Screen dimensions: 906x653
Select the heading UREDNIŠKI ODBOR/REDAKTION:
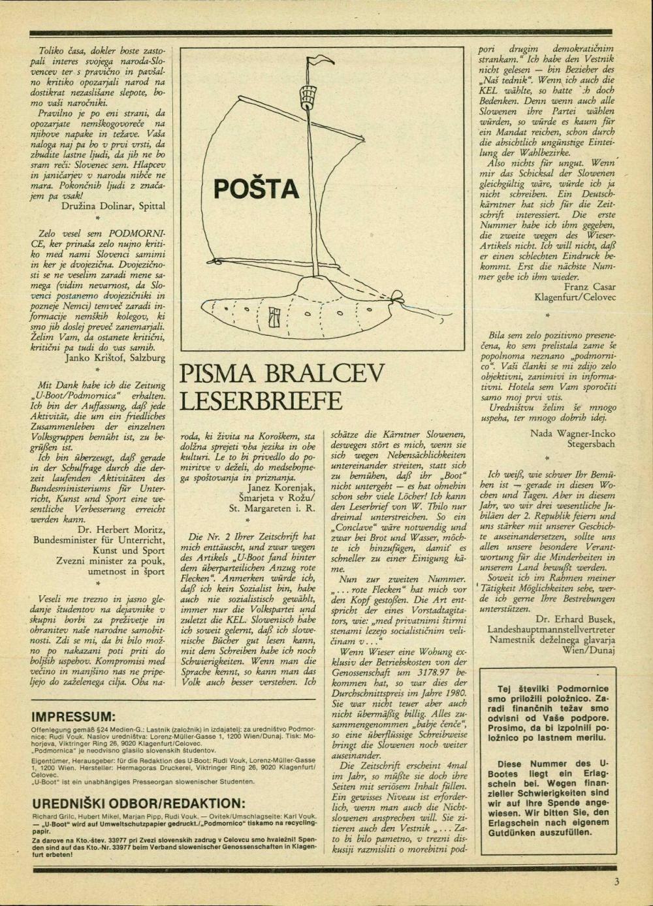[x=139, y=803]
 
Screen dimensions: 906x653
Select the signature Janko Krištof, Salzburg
[x=116, y=357]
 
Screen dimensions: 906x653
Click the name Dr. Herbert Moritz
[x=121, y=529]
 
